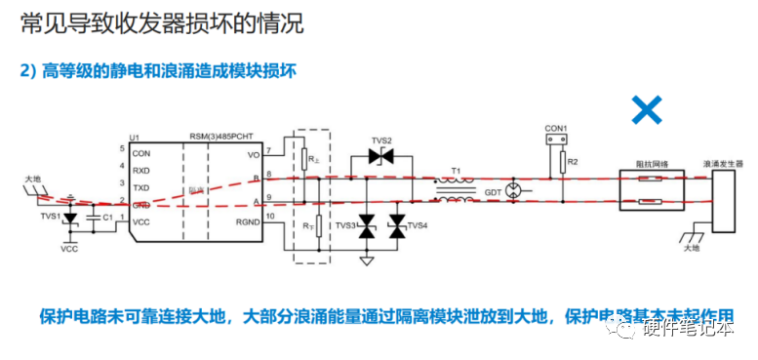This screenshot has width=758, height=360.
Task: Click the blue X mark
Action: click(646, 109)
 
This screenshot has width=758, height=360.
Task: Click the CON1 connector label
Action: click(555, 127)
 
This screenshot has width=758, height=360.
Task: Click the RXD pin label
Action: click(142, 171)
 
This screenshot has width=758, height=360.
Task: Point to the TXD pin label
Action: click(142, 187)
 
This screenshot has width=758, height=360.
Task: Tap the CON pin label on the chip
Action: click(142, 154)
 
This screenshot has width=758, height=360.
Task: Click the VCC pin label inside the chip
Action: click(142, 222)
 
